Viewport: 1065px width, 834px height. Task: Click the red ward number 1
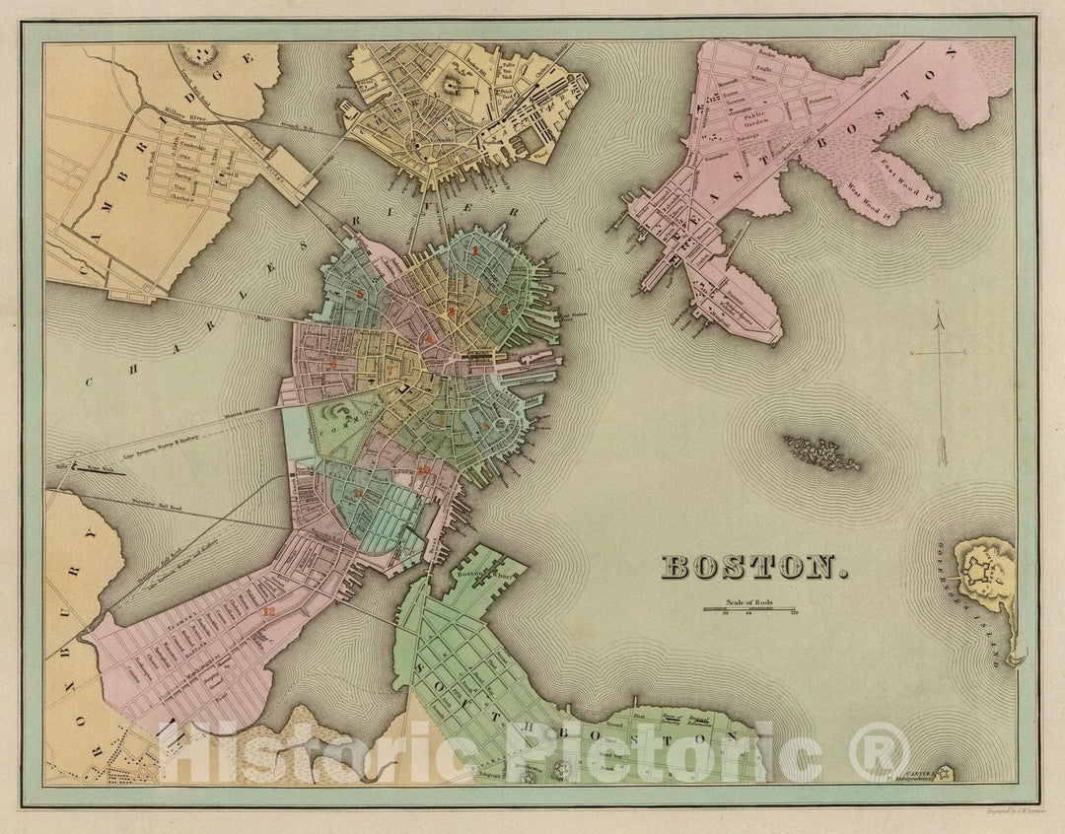(x=476, y=250)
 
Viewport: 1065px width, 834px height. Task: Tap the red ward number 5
(x=361, y=294)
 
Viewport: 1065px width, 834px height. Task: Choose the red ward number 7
(x=333, y=364)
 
